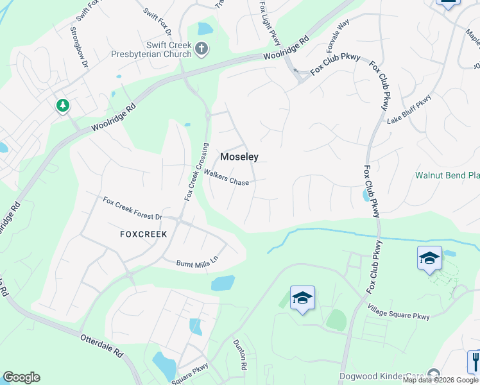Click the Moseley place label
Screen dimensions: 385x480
point(239,157)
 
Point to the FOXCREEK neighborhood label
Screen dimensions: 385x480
point(144,234)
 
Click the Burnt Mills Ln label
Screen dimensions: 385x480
point(198,262)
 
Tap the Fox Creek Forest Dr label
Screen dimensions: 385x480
point(133,209)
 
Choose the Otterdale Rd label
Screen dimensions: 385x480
point(101,345)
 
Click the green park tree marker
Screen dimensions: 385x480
point(63,105)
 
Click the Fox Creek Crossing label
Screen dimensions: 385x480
point(196,171)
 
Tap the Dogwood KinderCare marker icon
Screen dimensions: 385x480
point(434,374)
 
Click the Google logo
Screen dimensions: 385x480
point(21,377)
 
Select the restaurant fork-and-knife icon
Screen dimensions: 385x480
point(474,360)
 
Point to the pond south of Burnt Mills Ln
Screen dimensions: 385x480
point(223,283)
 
